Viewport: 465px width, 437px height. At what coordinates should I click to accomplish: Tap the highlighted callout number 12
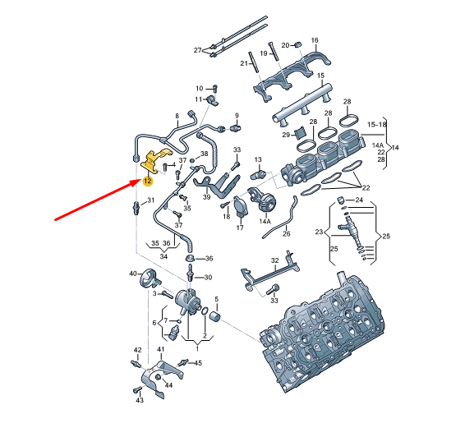pyautogui.click(x=147, y=181)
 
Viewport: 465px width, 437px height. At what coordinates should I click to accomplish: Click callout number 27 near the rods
pyautogui.click(x=197, y=51)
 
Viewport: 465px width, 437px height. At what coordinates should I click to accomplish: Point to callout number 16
pyautogui.click(x=315, y=39)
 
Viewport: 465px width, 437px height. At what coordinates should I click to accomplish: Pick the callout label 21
pyautogui.click(x=244, y=63)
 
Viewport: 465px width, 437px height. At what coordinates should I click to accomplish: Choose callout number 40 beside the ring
pyautogui.click(x=132, y=273)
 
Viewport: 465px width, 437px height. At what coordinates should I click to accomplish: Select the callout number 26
pyautogui.click(x=287, y=233)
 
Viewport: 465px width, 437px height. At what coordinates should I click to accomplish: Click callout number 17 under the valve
pyautogui.click(x=240, y=228)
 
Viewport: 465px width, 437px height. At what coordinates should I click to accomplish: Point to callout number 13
pyautogui.click(x=257, y=159)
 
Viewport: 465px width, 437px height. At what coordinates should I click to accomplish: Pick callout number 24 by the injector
pyautogui.click(x=359, y=200)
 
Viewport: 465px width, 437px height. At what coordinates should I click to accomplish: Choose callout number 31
pyautogui.click(x=150, y=200)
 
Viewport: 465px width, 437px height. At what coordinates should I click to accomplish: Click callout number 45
pyautogui.click(x=198, y=362)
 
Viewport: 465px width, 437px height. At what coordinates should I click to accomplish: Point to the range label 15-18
pyautogui.click(x=377, y=124)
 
